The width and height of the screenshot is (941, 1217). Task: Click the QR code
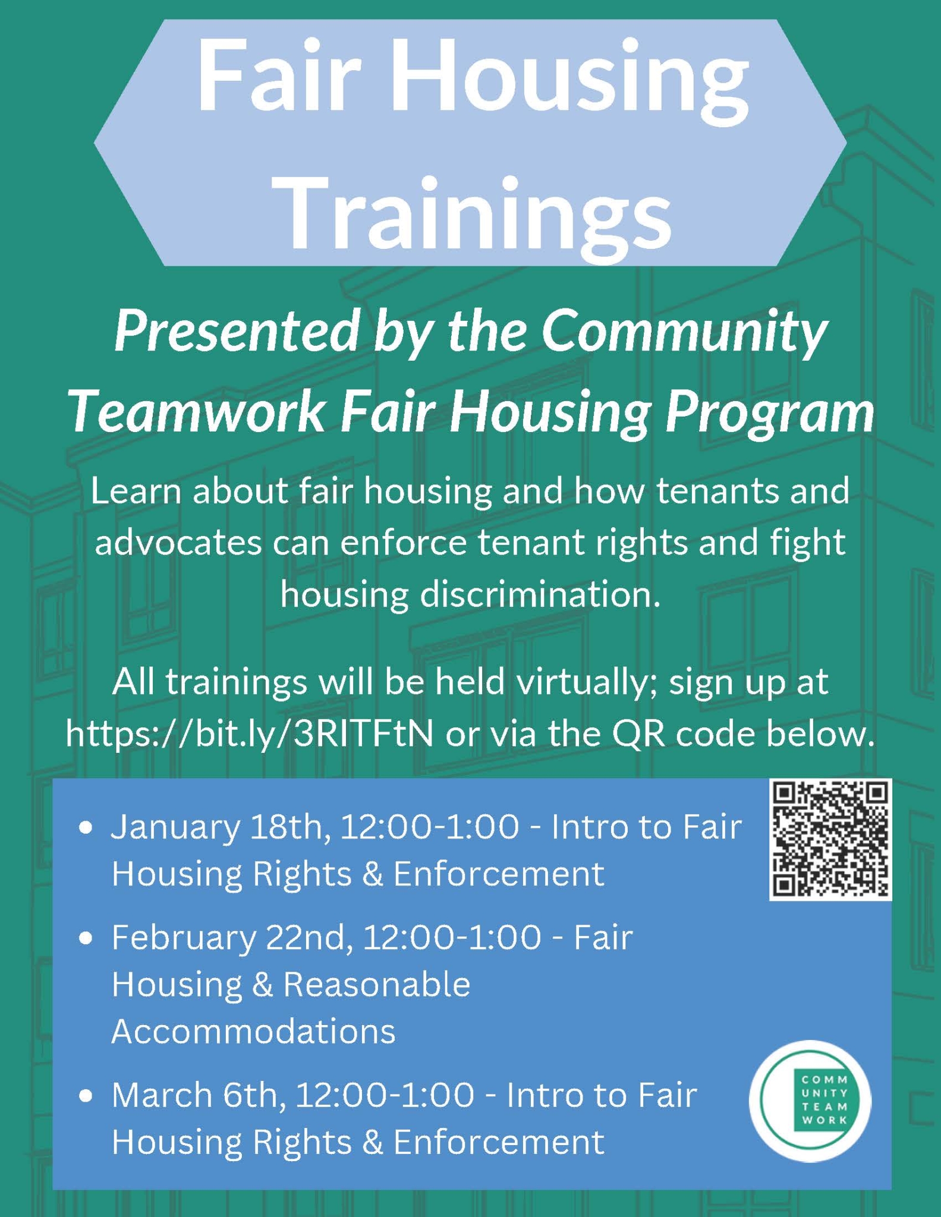[830, 840]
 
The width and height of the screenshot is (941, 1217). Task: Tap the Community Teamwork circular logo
[810, 1101]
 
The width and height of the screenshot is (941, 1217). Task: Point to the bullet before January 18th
[87, 827]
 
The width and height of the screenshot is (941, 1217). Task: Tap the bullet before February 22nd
[87, 938]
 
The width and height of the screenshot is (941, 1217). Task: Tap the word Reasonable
[377, 985]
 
